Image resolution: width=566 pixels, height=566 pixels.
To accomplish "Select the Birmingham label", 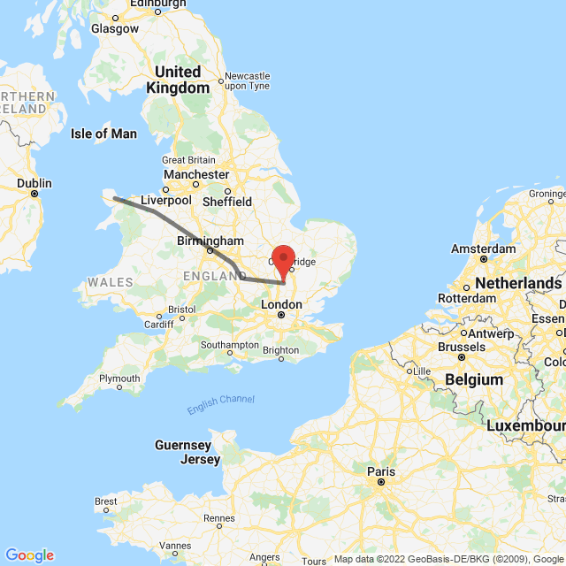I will click(x=210, y=241).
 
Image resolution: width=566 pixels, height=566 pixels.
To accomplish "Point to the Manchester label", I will click(x=196, y=175).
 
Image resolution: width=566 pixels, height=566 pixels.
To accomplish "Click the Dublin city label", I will click(x=34, y=184).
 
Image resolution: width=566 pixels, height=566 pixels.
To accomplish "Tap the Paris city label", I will click(x=381, y=471).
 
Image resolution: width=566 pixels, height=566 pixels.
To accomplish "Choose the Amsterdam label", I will click(x=483, y=248).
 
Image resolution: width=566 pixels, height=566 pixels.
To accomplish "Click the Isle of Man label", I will click(x=103, y=134).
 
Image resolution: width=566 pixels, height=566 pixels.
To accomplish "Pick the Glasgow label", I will click(x=115, y=28).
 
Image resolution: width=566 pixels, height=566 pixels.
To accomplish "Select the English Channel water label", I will click(x=220, y=404).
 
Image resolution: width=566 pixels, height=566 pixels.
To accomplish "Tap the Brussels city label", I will click(x=461, y=347).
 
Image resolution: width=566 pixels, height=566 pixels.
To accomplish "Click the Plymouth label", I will click(x=119, y=379).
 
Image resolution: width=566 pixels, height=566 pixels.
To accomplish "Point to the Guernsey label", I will click(x=183, y=445).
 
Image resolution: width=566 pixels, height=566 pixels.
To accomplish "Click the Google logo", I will click(x=29, y=555).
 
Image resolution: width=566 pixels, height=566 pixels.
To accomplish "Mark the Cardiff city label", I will click(x=159, y=324).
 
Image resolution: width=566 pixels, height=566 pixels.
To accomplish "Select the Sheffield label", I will click(x=226, y=201).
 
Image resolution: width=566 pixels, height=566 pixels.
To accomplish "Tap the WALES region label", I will click(x=111, y=282).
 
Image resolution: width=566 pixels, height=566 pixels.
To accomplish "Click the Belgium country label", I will click(x=473, y=379).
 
